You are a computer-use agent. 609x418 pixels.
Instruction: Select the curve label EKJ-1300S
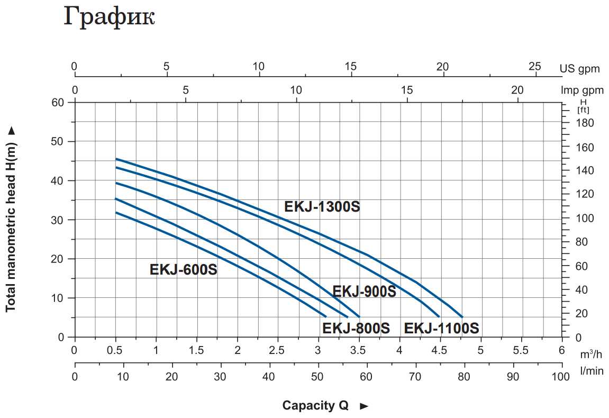[x=322, y=206]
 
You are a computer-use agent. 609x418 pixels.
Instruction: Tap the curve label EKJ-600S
[x=183, y=270]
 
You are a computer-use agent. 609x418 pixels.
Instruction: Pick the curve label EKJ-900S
[x=364, y=292]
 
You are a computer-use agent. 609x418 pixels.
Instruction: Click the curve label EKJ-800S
[x=356, y=328]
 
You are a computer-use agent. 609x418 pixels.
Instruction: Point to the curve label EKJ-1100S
[x=441, y=328]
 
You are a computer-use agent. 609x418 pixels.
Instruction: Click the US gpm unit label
[x=580, y=68]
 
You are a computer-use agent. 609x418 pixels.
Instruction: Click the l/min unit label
[x=591, y=371]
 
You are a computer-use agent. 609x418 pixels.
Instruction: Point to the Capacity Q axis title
[x=315, y=406]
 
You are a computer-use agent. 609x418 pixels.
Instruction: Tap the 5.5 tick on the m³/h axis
[x=521, y=350]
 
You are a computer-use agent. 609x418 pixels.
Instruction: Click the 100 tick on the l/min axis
[x=560, y=377]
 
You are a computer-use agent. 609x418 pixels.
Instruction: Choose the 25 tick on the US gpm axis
[x=535, y=66]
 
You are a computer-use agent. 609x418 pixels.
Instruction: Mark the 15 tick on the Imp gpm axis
[x=407, y=89]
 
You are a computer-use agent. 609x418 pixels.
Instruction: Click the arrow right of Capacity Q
[x=363, y=406]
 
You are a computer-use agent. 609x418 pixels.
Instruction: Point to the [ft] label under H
[x=583, y=110]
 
